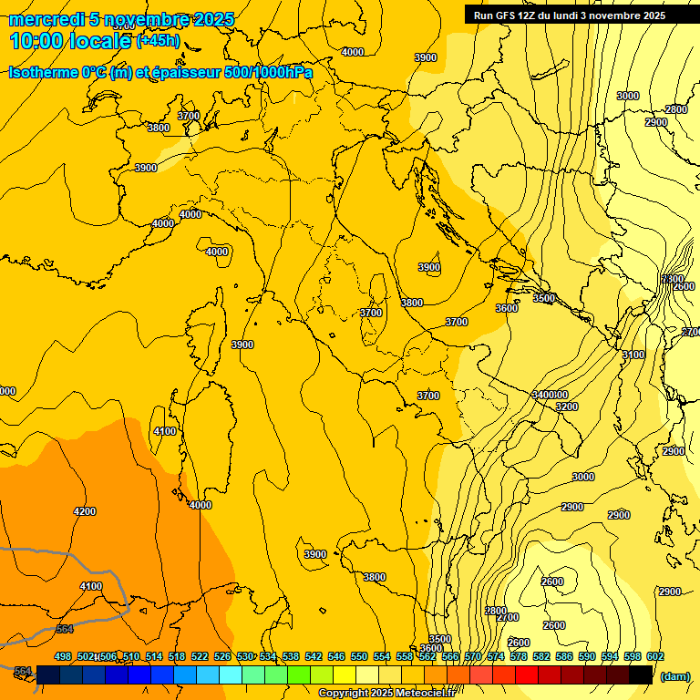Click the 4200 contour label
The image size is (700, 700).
[84, 511]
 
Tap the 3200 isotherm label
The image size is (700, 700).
[567, 407]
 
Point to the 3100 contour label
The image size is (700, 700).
[633, 355]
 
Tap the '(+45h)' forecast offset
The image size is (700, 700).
[158, 41]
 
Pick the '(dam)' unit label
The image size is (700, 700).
[674, 677]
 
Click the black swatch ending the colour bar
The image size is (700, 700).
[642, 674]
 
